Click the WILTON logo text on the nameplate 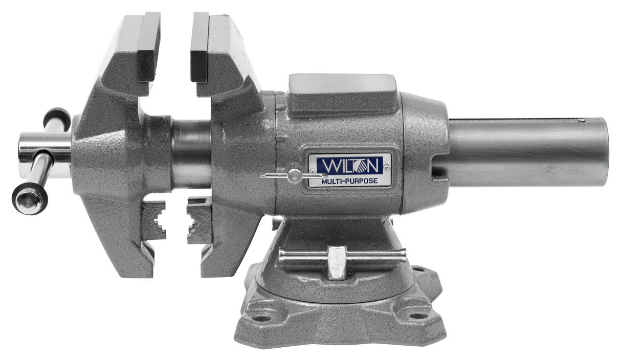349,165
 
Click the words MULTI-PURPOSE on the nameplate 349,180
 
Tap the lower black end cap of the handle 29,199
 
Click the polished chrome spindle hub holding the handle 45,148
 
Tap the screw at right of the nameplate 386,167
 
